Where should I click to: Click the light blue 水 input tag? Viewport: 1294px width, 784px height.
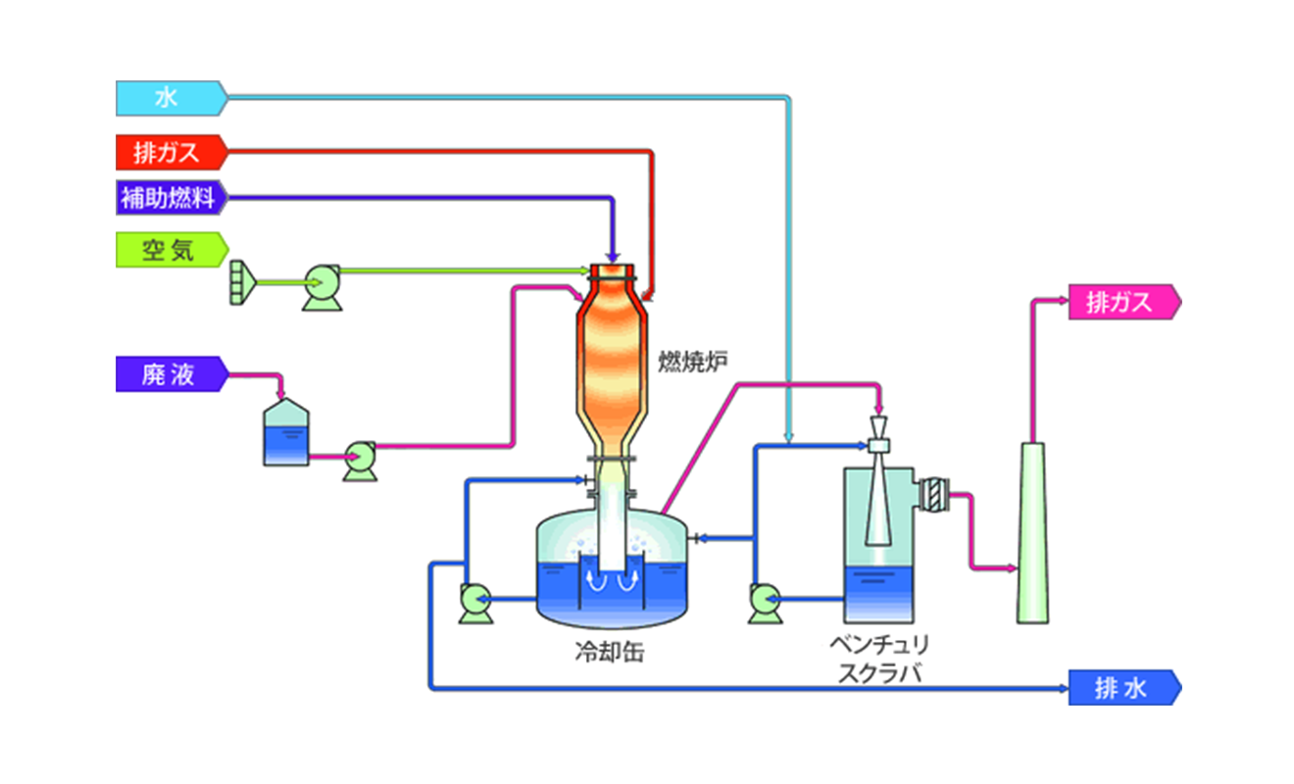pyautogui.click(x=172, y=98)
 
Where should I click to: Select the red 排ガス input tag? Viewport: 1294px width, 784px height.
pyautogui.click(x=172, y=153)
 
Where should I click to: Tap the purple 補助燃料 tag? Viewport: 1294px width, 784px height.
pyautogui.click(x=172, y=198)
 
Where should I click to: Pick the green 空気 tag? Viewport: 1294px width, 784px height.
pyautogui.click(x=172, y=250)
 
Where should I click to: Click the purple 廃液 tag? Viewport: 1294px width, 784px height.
pyautogui.click(x=172, y=374)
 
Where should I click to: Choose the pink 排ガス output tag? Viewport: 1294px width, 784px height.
pyautogui.click(x=1124, y=302)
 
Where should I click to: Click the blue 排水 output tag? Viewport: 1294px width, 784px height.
pyautogui.click(x=1124, y=688)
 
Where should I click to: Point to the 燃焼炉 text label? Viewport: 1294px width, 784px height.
pyautogui.click(x=693, y=362)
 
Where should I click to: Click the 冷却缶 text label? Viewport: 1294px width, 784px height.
pyautogui.click(x=610, y=653)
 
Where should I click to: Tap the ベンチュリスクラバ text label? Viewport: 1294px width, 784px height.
pyautogui.click(x=879, y=659)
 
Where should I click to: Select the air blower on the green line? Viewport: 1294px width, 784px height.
pyautogui.click(x=323, y=287)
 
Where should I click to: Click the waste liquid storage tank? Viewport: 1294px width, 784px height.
pyautogui.click(x=286, y=432)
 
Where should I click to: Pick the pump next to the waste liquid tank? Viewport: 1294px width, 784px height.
pyautogui.click(x=361, y=462)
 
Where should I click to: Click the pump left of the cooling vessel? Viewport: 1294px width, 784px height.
pyautogui.click(x=476, y=604)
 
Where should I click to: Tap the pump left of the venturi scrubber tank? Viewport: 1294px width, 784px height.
pyautogui.click(x=766, y=604)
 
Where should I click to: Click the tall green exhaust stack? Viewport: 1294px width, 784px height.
pyautogui.click(x=1033, y=533)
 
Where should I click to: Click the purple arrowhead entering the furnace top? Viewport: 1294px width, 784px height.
pyautogui.click(x=613, y=258)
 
